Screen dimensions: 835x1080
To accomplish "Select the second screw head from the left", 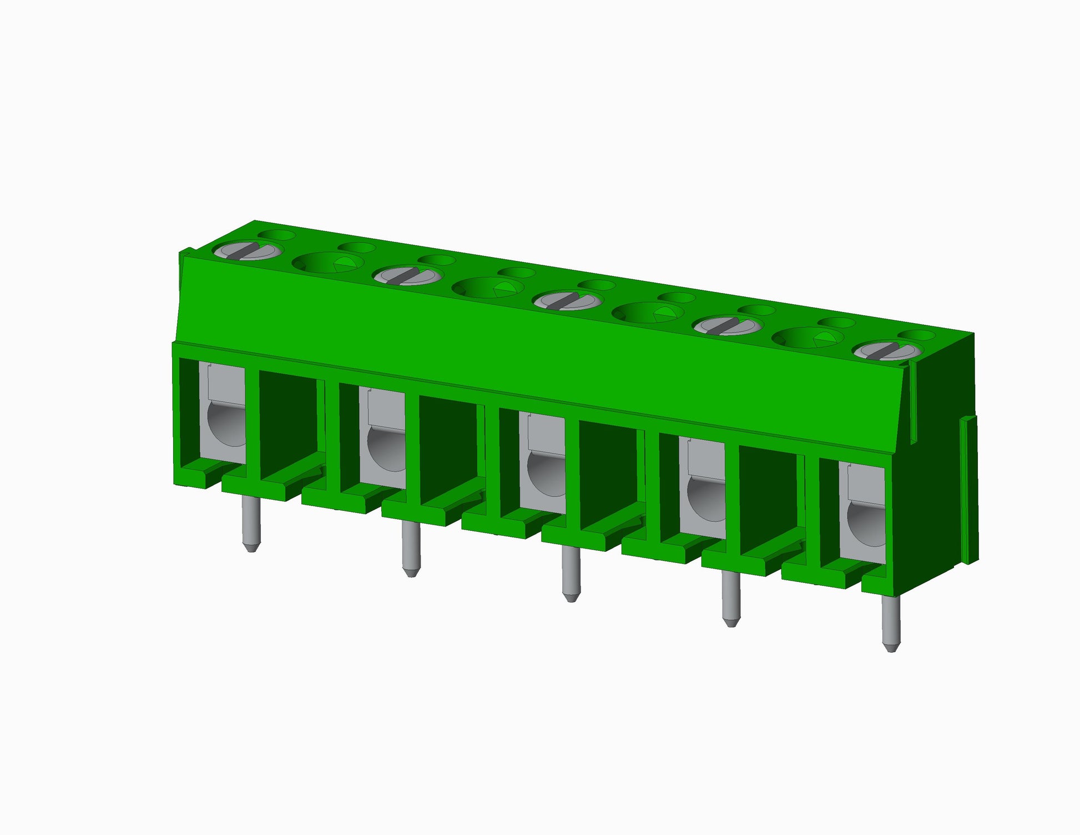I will (408, 275).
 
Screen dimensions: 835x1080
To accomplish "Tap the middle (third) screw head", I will (568, 300).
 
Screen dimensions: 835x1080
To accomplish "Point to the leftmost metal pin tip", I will (251, 547).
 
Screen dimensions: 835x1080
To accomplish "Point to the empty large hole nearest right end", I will (808, 338).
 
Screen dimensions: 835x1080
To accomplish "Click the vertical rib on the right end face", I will (968, 489).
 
